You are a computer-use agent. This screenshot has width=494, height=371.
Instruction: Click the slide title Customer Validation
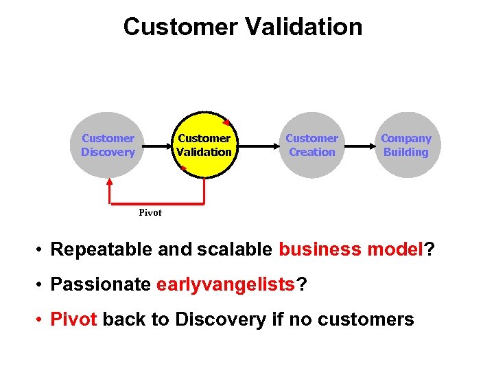tap(243, 27)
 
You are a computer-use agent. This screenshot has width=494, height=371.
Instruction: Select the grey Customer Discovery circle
tap(108, 145)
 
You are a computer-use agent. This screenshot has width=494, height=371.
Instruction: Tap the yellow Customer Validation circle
tap(204, 145)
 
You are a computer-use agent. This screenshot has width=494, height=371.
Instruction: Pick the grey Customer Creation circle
tap(311, 145)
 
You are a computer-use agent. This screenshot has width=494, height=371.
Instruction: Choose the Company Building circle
tap(405, 145)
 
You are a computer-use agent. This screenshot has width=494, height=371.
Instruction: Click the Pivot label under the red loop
tap(150, 212)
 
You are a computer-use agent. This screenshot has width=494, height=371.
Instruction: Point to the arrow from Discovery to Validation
tap(155, 146)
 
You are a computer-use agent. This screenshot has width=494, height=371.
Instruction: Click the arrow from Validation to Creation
tap(257, 146)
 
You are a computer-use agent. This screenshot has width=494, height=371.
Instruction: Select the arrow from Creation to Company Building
tap(359, 146)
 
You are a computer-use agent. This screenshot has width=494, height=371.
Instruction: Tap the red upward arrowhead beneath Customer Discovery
tap(109, 183)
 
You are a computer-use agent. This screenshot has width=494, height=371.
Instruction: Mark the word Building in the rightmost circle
tap(405, 152)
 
